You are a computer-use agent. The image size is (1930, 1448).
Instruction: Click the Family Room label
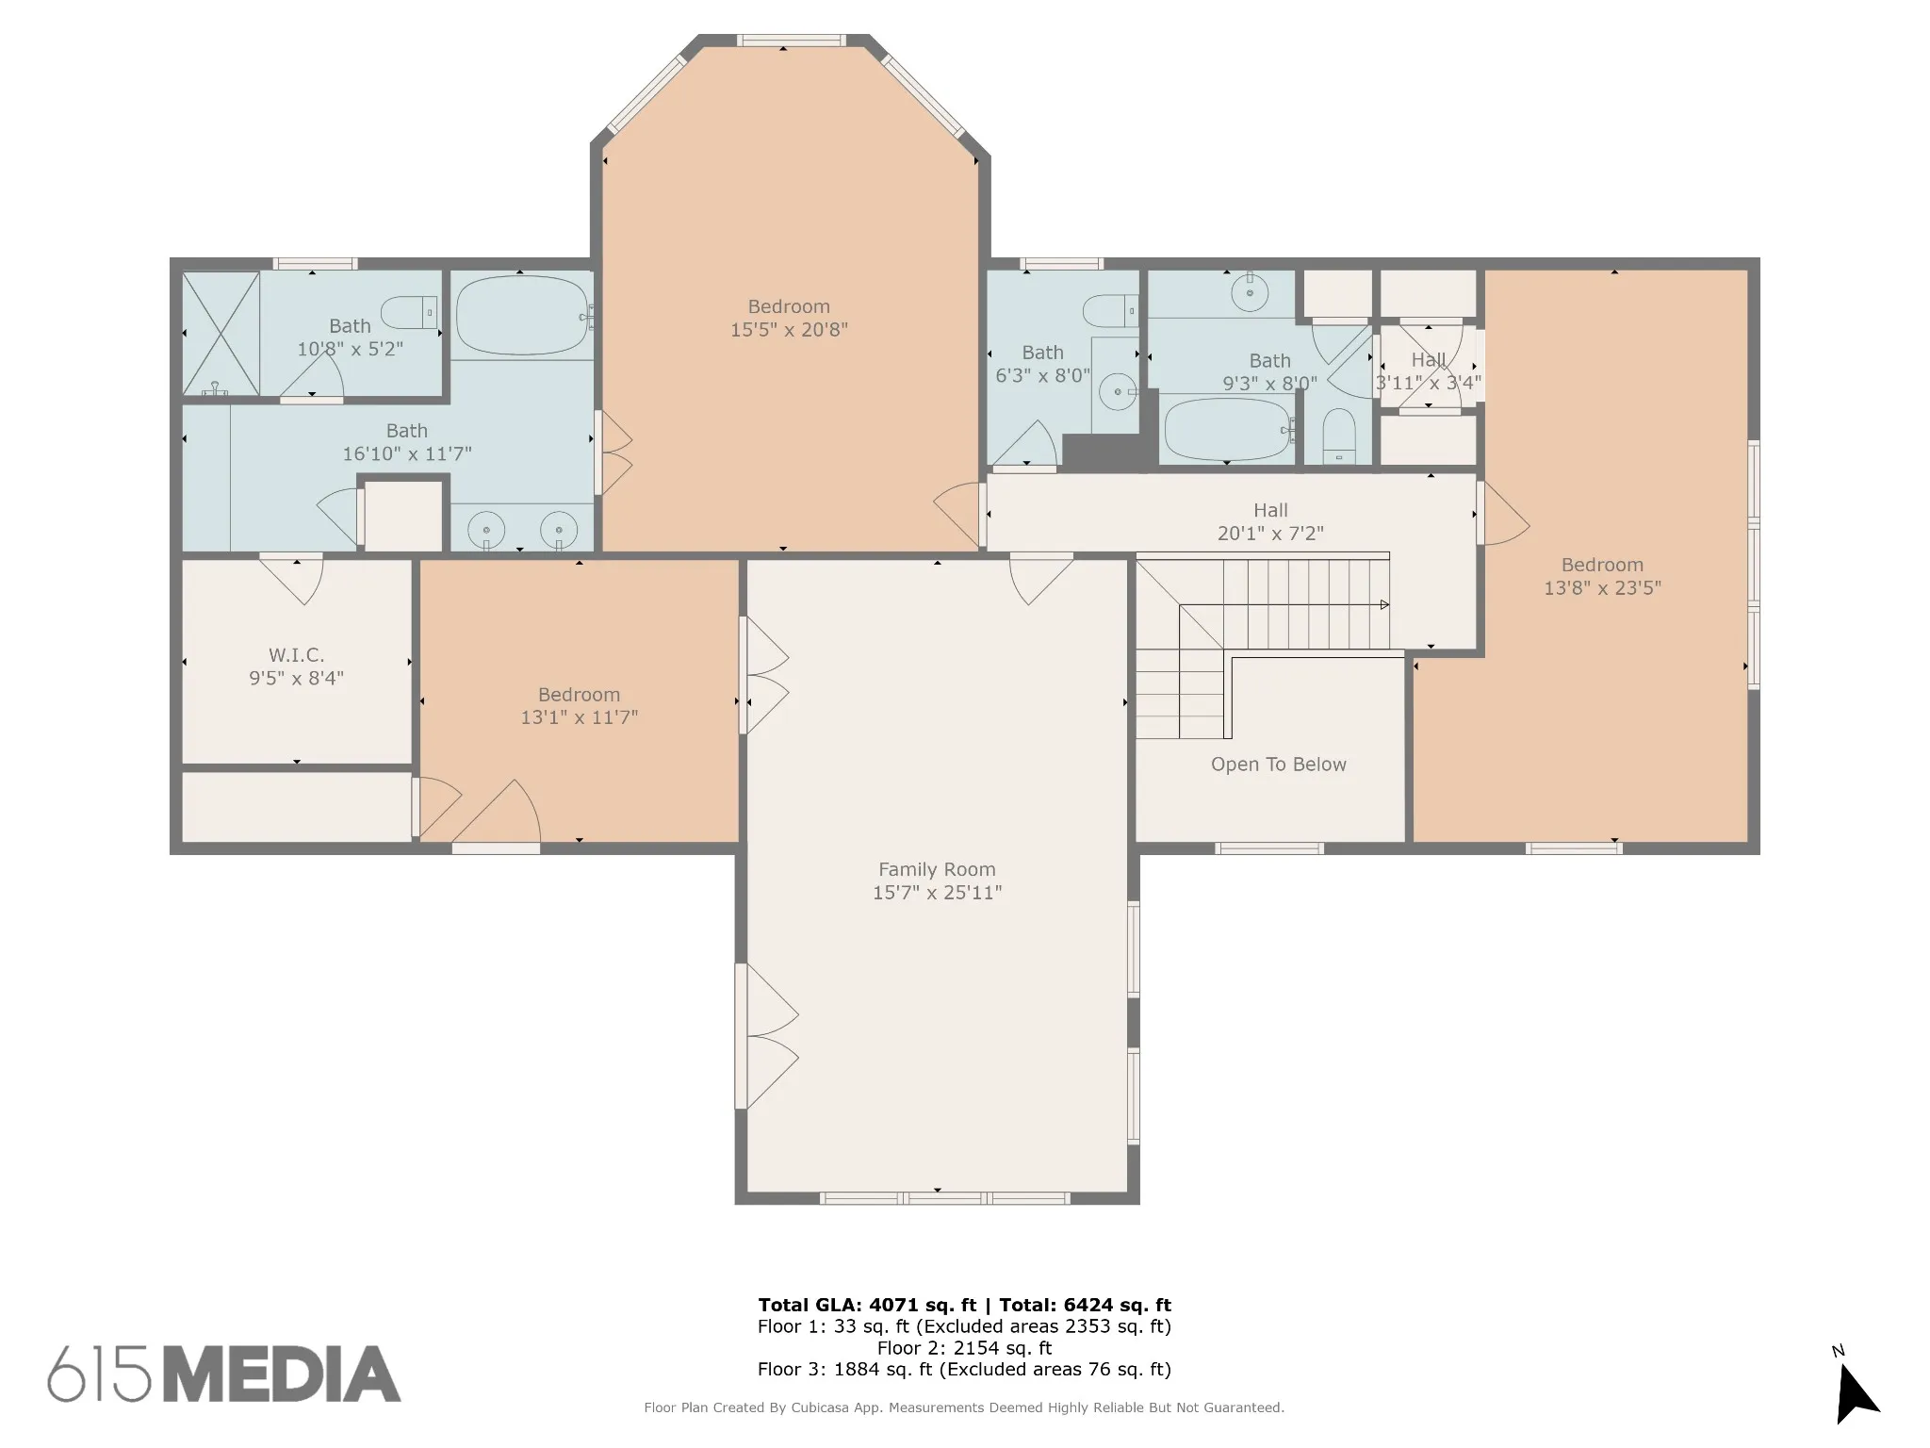click(937, 869)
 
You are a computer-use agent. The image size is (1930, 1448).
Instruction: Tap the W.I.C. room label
click(296, 654)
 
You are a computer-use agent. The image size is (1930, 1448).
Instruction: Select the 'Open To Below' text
click(1278, 765)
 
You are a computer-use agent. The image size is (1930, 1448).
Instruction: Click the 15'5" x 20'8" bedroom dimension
click(789, 330)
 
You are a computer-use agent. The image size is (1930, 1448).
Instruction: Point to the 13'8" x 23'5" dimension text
click(1602, 588)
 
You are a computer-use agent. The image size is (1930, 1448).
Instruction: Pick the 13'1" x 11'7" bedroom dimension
click(579, 717)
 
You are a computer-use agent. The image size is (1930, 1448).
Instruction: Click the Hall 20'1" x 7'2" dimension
click(1270, 534)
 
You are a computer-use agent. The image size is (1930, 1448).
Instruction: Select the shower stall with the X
click(221, 333)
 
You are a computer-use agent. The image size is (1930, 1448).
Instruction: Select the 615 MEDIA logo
click(224, 1374)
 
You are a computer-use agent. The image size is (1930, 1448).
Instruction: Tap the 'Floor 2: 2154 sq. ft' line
click(964, 1348)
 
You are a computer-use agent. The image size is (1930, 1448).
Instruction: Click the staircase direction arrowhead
click(1384, 604)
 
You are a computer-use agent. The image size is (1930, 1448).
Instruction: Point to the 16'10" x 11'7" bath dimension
click(406, 453)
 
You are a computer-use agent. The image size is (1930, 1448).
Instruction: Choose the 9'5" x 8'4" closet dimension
click(296, 678)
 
